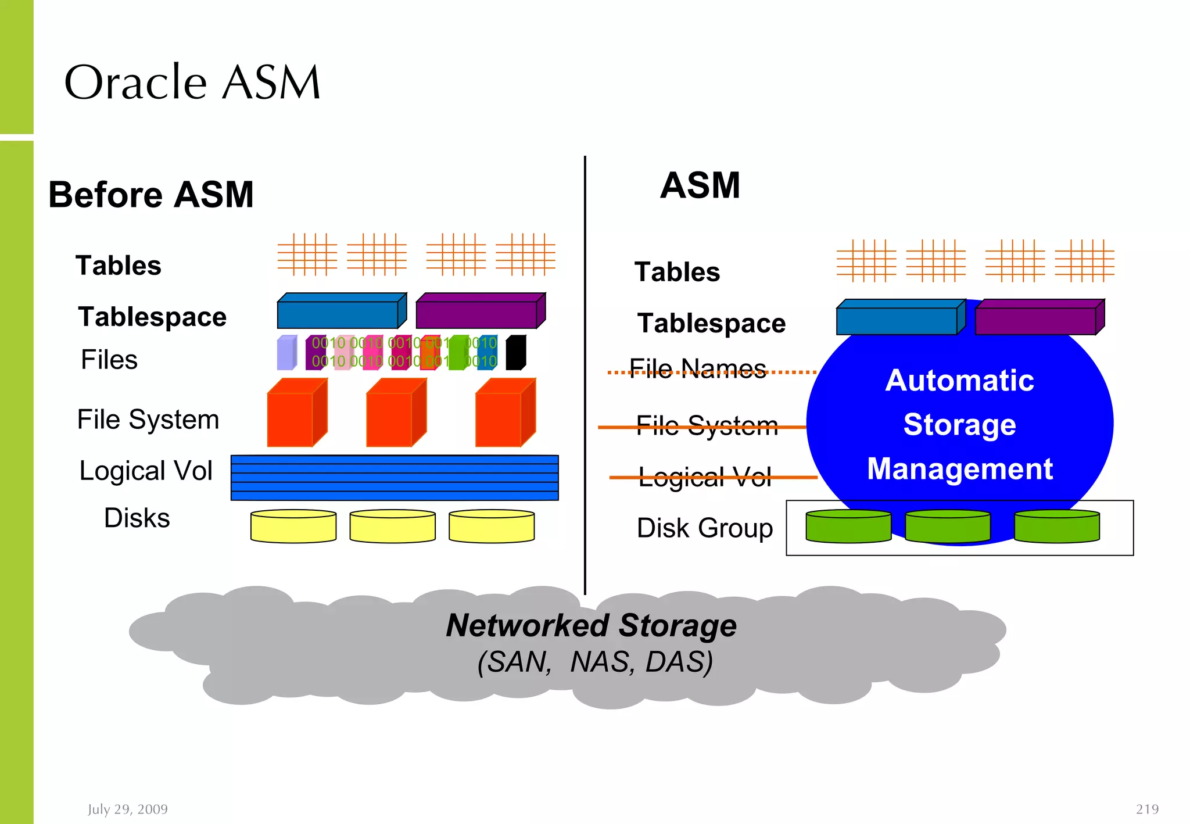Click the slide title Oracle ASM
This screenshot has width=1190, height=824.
point(192,83)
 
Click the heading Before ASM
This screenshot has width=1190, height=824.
point(151,195)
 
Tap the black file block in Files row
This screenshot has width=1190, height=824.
point(515,353)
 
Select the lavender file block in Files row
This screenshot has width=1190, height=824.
point(286,353)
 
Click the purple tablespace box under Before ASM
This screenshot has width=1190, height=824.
point(480,312)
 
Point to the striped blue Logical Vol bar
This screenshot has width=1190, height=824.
point(394,478)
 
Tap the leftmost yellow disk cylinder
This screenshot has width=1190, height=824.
point(293,526)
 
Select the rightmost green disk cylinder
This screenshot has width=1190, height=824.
point(1056,526)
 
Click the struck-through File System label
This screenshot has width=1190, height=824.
point(707,426)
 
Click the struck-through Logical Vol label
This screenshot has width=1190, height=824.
point(705,477)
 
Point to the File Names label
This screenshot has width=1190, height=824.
point(698,369)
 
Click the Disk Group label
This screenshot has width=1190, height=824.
point(705,528)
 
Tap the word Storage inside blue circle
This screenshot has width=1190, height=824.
point(959,424)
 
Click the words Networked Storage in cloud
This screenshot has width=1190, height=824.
point(591,626)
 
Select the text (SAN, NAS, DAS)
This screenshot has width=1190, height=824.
point(595,662)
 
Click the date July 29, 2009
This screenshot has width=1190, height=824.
point(128,809)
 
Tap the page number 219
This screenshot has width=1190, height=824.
point(1147,809)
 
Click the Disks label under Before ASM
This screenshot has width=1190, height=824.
point(137,518)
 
